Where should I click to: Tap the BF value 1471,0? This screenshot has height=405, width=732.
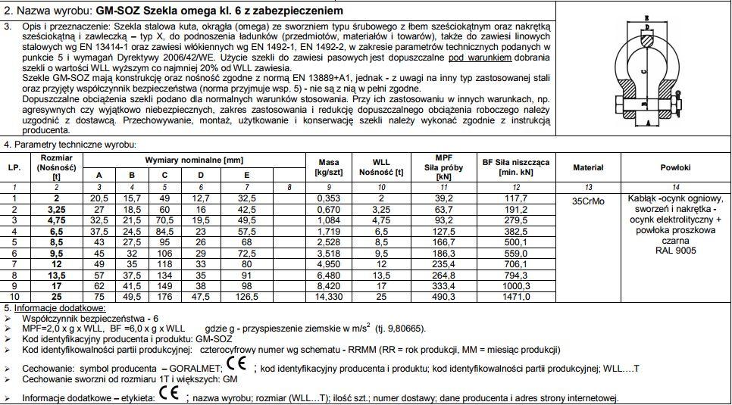point(516,298)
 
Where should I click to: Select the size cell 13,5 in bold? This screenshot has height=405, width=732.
point(55,276)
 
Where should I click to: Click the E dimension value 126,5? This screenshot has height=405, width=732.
point(246,298)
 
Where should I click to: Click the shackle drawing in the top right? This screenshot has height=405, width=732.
point(651,71)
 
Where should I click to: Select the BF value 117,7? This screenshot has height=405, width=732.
point(516,198)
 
